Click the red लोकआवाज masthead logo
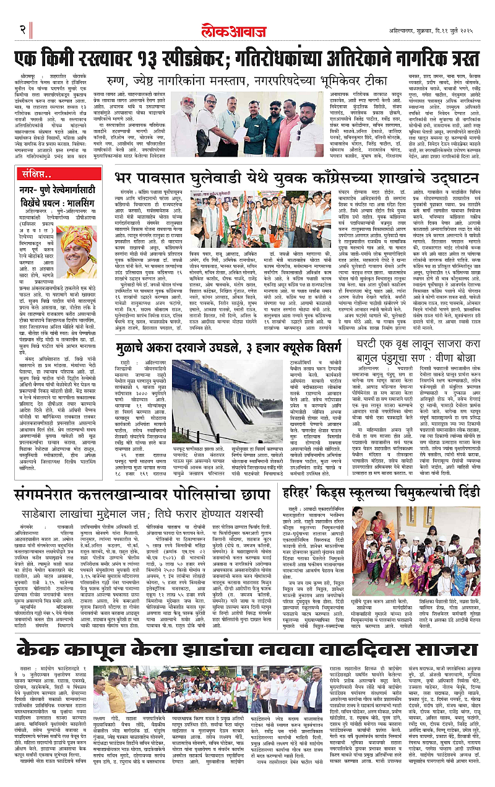click(247, 28)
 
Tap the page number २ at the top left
click(23, 29)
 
